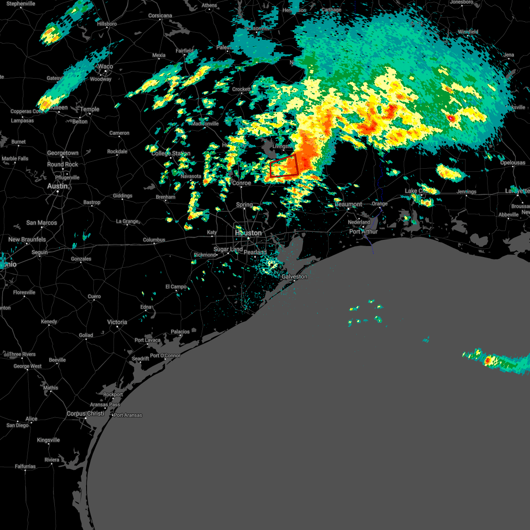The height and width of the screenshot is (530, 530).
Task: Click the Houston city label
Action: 248,233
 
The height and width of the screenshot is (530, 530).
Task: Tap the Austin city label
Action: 57,186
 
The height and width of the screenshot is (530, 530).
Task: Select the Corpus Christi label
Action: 85,414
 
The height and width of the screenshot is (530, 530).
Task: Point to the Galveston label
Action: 295,276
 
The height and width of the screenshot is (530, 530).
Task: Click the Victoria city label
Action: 117,322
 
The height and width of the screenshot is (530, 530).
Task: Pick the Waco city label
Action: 106,67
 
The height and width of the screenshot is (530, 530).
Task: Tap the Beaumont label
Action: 348,204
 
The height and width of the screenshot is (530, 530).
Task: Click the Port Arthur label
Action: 363,231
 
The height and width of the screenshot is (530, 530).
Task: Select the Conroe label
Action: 242,183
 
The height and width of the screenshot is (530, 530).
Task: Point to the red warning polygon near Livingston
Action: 284,167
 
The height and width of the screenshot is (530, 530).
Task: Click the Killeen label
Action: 59,108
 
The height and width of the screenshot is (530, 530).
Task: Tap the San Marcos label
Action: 42,223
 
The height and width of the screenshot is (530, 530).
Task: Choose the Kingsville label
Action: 48,440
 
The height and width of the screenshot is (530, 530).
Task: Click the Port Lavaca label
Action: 148,340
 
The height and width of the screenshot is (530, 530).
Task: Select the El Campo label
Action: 176,287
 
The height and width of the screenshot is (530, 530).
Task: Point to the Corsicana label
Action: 160,16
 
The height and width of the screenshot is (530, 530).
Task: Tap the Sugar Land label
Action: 228,250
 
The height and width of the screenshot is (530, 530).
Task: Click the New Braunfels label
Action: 27,239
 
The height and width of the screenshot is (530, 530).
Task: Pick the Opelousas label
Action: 513,163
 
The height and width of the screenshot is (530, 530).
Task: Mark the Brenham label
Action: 166,197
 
